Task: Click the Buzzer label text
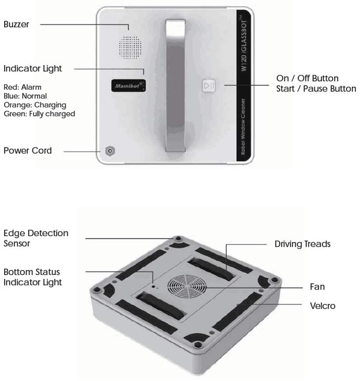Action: coord(16,24)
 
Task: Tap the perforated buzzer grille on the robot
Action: coord(130,47)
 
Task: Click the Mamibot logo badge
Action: coord(129,85)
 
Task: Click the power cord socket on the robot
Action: coord(110,151)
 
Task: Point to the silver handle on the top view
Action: coord(175,85)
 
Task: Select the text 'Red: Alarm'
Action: coord(22,87)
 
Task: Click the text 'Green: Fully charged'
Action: coord(39,114)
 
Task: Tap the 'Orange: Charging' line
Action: coord(35,105)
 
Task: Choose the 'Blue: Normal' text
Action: coord(25,96)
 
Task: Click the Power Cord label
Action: coord(28,151)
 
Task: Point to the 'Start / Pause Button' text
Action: coord(316,89)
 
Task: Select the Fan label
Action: coord(317,287)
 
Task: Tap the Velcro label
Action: coord(323,306)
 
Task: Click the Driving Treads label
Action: coord(302,244)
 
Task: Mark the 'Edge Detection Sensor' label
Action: coord(36,238)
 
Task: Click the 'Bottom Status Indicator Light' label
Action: coord(33,277)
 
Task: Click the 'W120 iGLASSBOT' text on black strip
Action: coord(244,43)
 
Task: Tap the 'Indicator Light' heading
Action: coord(33,69)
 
